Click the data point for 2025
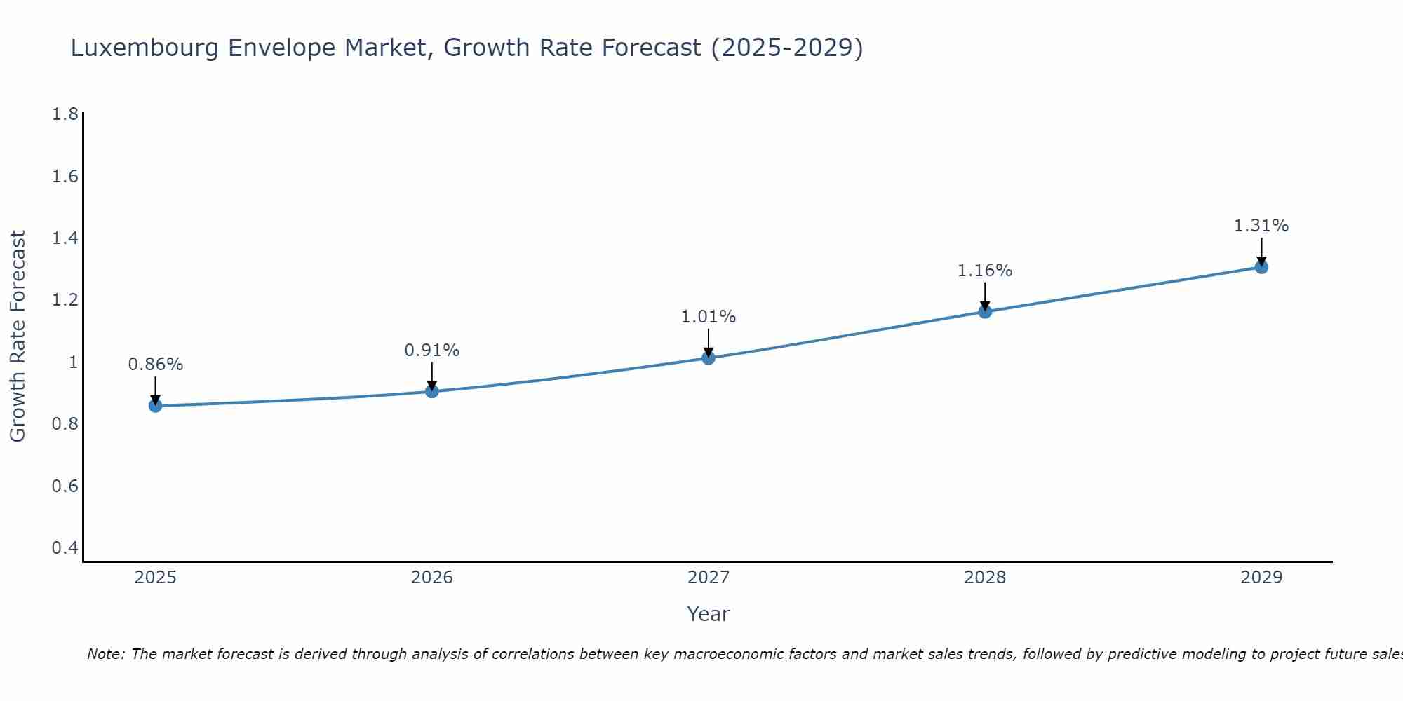pyautogui.click(x=155, y=406)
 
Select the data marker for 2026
pyautogui.click(x=432, y=390)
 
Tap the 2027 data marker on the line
pyautogui.click(x=709, y=358)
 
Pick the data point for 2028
pyautogui.click(x=985, y=311)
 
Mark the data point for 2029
pyautogui.click(x=1261, y=267)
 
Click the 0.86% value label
pyautogui.click(x=155, y=365)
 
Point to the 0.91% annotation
pyautogui.click(x=432, y=350)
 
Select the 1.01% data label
pyautogui.click(x=709, y=317)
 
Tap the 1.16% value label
pyautogui.click(x=985, y=271)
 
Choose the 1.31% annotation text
pyautogui.click(x=1261, y=226)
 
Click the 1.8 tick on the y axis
pyautogui.click(x=65, y=114)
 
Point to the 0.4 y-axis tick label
pyautogui.click(x=65, y=547)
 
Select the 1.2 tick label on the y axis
pyautogui.click(x=65, y=300)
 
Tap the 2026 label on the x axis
pyautogui.click(x=432, y=578)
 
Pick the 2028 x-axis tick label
pyautogui.click(x=985, y=578)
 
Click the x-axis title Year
pyautogui.click(x=709, y=614)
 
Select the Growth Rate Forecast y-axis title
pyautogui.click(x=18, y=336)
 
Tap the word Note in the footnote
pyautogui.click(x=105, y=654)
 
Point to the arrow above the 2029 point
pyautogui.click(x=1261, y=251)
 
